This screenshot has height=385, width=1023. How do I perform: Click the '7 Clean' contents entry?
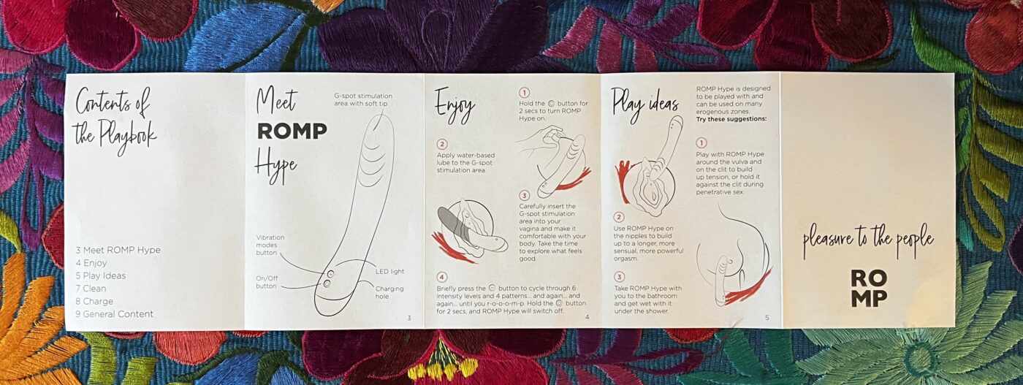tap(91, 289)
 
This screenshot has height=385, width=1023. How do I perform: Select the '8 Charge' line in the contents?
tap(94, 302)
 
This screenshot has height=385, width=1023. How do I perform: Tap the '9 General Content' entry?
tap(114, 314)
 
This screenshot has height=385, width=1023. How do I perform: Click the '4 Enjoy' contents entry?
tap(91, 263)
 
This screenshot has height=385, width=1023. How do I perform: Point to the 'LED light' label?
tap(389, 271)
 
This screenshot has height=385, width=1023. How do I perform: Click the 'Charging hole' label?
tap(389, 292)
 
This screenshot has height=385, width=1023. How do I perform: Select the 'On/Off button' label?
tap(267, 282)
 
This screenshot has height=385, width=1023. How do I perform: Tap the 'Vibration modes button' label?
tap(270, 245)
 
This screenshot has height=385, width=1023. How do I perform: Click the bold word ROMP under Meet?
tap(292, 131)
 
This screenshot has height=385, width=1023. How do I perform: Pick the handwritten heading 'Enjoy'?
tap(455, 106)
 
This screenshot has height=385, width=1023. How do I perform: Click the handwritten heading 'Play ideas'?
tap(644, 104)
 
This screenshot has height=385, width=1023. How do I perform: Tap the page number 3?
tap(409, 318)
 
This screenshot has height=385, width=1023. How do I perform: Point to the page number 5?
tap(767, 317)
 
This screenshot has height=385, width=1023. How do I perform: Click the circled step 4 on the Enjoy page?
tap(441, 277)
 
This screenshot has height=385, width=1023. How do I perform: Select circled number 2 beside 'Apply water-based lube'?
tap(441, 145)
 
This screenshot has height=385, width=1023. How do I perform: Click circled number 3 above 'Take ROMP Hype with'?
tap(619, 277)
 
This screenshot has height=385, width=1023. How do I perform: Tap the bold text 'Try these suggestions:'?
tap(731, 119)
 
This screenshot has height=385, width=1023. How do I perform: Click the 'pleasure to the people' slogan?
tap(868, 240)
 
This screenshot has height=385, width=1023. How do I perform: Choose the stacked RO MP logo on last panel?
tap(869, 288)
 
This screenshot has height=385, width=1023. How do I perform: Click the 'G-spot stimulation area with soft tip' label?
tap(363, 99)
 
